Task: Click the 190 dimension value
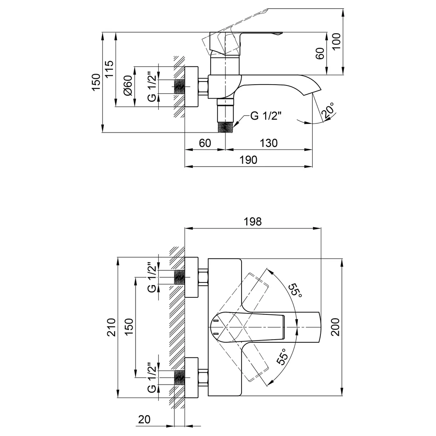pos(249,160)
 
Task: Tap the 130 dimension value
pos(269,143)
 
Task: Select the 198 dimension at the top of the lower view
pos(253,221)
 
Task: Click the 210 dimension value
pos(111,327)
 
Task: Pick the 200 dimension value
pos(335,327)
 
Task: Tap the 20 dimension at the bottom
pos(144,419)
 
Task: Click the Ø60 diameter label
pos(128,85)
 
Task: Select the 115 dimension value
pos(109,69)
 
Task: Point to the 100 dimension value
pos(337,41)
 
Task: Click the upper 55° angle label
pos(294,290)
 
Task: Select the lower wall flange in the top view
pos(191,378)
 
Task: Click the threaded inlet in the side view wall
pos(180,86)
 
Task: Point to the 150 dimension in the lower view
pos(129,327)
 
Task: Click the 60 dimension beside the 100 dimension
pos(320,53)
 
